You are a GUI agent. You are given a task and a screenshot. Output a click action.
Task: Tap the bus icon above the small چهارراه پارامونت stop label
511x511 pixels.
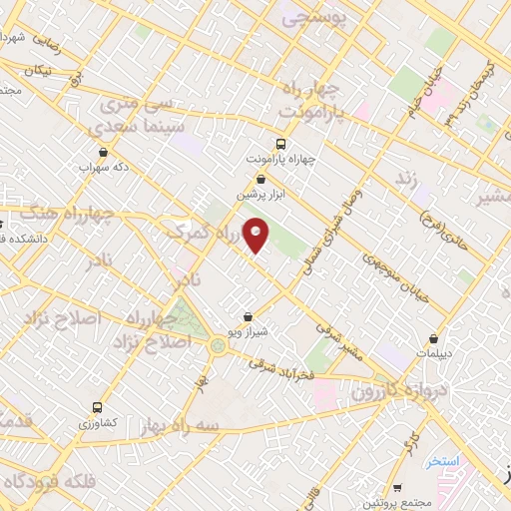point(280,144)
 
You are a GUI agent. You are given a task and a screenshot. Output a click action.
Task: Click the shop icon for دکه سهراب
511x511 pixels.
point(104,153)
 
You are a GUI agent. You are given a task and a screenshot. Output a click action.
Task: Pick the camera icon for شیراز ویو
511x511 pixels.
point(249,316)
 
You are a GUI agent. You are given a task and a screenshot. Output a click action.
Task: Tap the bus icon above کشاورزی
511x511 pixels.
point(97,407)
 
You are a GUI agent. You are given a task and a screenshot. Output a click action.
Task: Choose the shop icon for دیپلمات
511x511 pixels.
point(434,338)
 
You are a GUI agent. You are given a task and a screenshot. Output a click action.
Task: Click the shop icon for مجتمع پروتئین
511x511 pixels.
point(398,488)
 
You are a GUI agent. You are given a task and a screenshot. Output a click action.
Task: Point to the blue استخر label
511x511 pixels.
point(441,462)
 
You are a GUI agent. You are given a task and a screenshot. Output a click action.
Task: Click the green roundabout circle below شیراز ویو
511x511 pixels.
point(218,345)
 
